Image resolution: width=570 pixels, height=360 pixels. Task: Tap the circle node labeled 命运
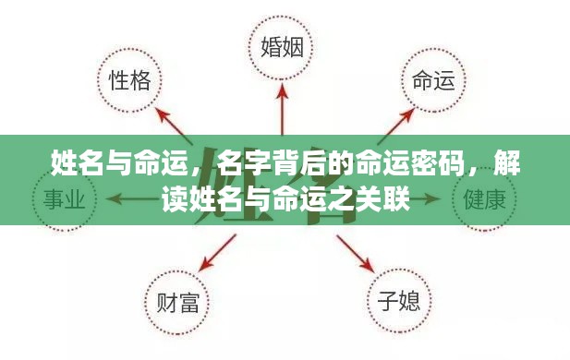pyautogui.click(x=431, y=80)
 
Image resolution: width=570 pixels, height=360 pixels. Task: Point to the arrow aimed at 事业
pyautogui.click(x=129, y=198)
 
